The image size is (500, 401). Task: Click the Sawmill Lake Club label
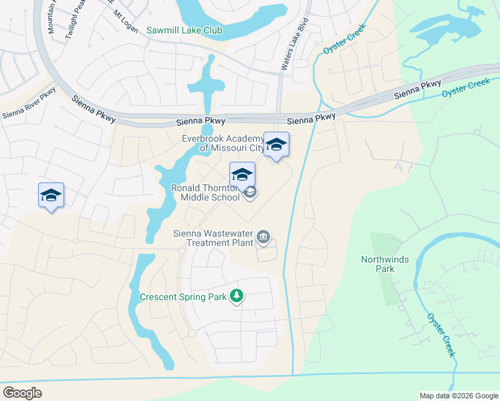tap(186, 30)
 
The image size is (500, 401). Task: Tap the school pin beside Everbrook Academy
tap(276, 145)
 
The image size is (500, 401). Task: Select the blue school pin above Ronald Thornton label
tap(242, 176)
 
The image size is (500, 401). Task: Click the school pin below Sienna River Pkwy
tap(51, 196)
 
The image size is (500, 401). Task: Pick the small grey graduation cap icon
tap(250, 193)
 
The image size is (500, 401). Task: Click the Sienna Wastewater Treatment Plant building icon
tap(264, 237)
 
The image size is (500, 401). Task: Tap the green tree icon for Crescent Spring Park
tap(236, 295)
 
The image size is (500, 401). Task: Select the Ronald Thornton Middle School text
tap(206, 192)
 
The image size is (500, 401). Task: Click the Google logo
tap(22, 393)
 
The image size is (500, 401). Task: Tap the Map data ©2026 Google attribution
tap(459, 396)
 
